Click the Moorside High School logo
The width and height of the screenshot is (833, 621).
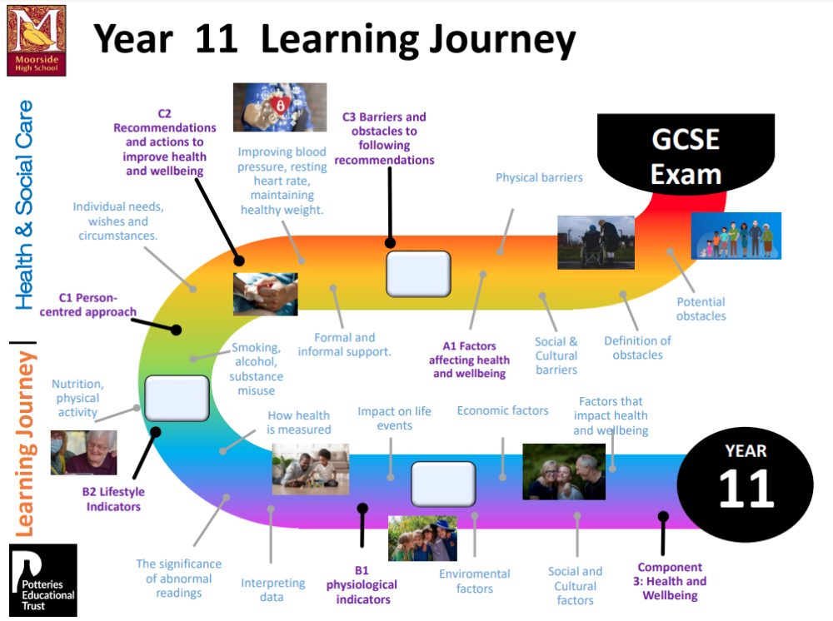[x=36, y=41]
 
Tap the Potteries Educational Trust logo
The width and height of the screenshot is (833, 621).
[x=43, y=580]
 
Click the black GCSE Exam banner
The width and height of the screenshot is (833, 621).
[x=686, y=153]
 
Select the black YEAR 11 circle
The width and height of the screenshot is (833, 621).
[x=746, y=484]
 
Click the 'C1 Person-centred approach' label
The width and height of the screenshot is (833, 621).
[x=88, y=305]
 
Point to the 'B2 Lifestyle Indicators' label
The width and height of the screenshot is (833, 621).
[x=113, y=499]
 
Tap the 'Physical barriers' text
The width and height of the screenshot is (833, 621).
[x=539, y=177]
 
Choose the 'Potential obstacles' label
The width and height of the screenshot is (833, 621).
[x=701, y=309]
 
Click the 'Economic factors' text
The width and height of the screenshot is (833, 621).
[x=502, y=410]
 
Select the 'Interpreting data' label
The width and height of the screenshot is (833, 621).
[x=272, y=589]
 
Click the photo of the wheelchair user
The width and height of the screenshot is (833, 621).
[x=596, y=242]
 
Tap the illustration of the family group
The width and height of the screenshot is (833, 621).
[x=736, y=236]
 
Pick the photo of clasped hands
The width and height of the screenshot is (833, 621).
[x=265, y=294]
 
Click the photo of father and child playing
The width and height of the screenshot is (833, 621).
[x=310, y=469]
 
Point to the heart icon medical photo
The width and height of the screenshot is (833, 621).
[x=280, y=107]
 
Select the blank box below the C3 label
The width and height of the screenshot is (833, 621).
[x=419, y=274]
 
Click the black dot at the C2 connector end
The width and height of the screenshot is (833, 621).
[x=239, y=261]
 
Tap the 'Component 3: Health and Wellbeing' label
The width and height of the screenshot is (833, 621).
[x=670, y=581]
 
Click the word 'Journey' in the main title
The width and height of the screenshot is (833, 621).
[x=502, y=40]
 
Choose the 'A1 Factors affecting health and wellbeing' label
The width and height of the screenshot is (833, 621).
[x=469, y=360]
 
